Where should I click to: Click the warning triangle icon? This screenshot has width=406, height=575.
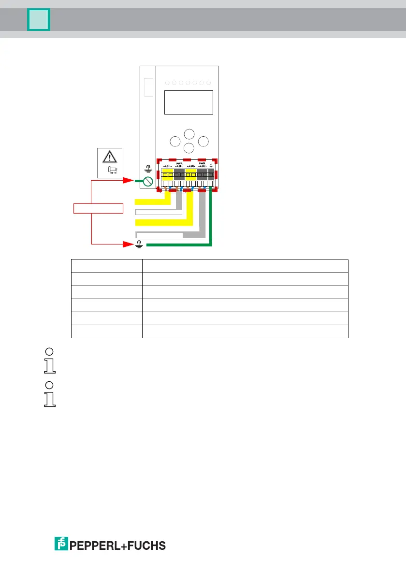click(x=110, y=156)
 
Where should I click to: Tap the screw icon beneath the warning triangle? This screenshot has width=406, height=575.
click(x=112, y=170)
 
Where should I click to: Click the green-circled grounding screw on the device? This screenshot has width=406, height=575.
click(x=148, y=181)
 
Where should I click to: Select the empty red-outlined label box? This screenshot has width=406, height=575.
click(x=99, y=209)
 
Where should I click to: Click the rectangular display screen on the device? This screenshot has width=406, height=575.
click(x=189, y=102)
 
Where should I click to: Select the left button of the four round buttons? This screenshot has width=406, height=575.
click(x=175, y=142)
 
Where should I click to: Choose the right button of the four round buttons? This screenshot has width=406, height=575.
click(x=203, y=142)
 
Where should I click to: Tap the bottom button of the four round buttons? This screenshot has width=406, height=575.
click(x=189, y=148)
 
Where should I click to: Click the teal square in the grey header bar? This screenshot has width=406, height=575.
click(x=39, y=20)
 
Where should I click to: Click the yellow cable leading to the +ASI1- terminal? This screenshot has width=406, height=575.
click(x=152, y=201)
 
